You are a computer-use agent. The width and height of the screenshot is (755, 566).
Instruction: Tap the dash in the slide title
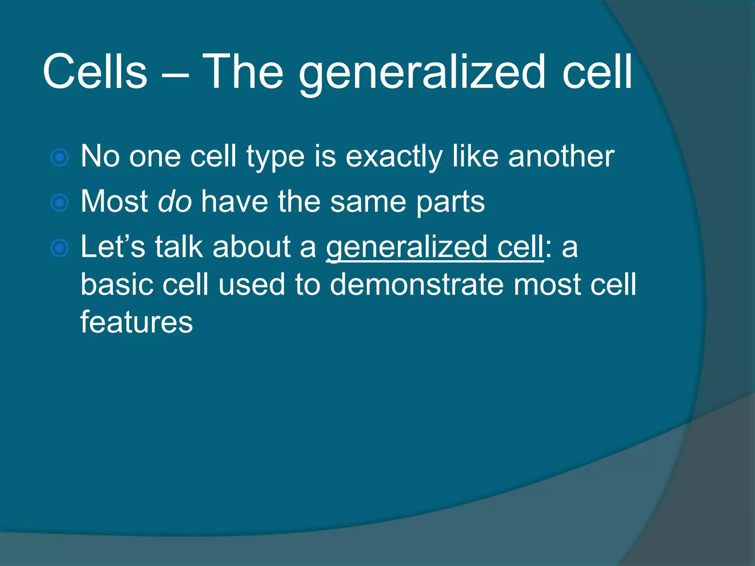(175, 74)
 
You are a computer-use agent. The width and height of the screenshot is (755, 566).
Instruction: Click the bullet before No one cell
(60, 158)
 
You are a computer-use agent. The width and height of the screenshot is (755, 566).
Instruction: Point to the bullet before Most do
(60, 203)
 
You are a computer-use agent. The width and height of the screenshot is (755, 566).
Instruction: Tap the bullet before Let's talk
(60, 248)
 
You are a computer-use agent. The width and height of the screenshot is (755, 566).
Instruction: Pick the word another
(561, 156)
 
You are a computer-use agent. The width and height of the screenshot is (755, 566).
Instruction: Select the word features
(136, 322)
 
